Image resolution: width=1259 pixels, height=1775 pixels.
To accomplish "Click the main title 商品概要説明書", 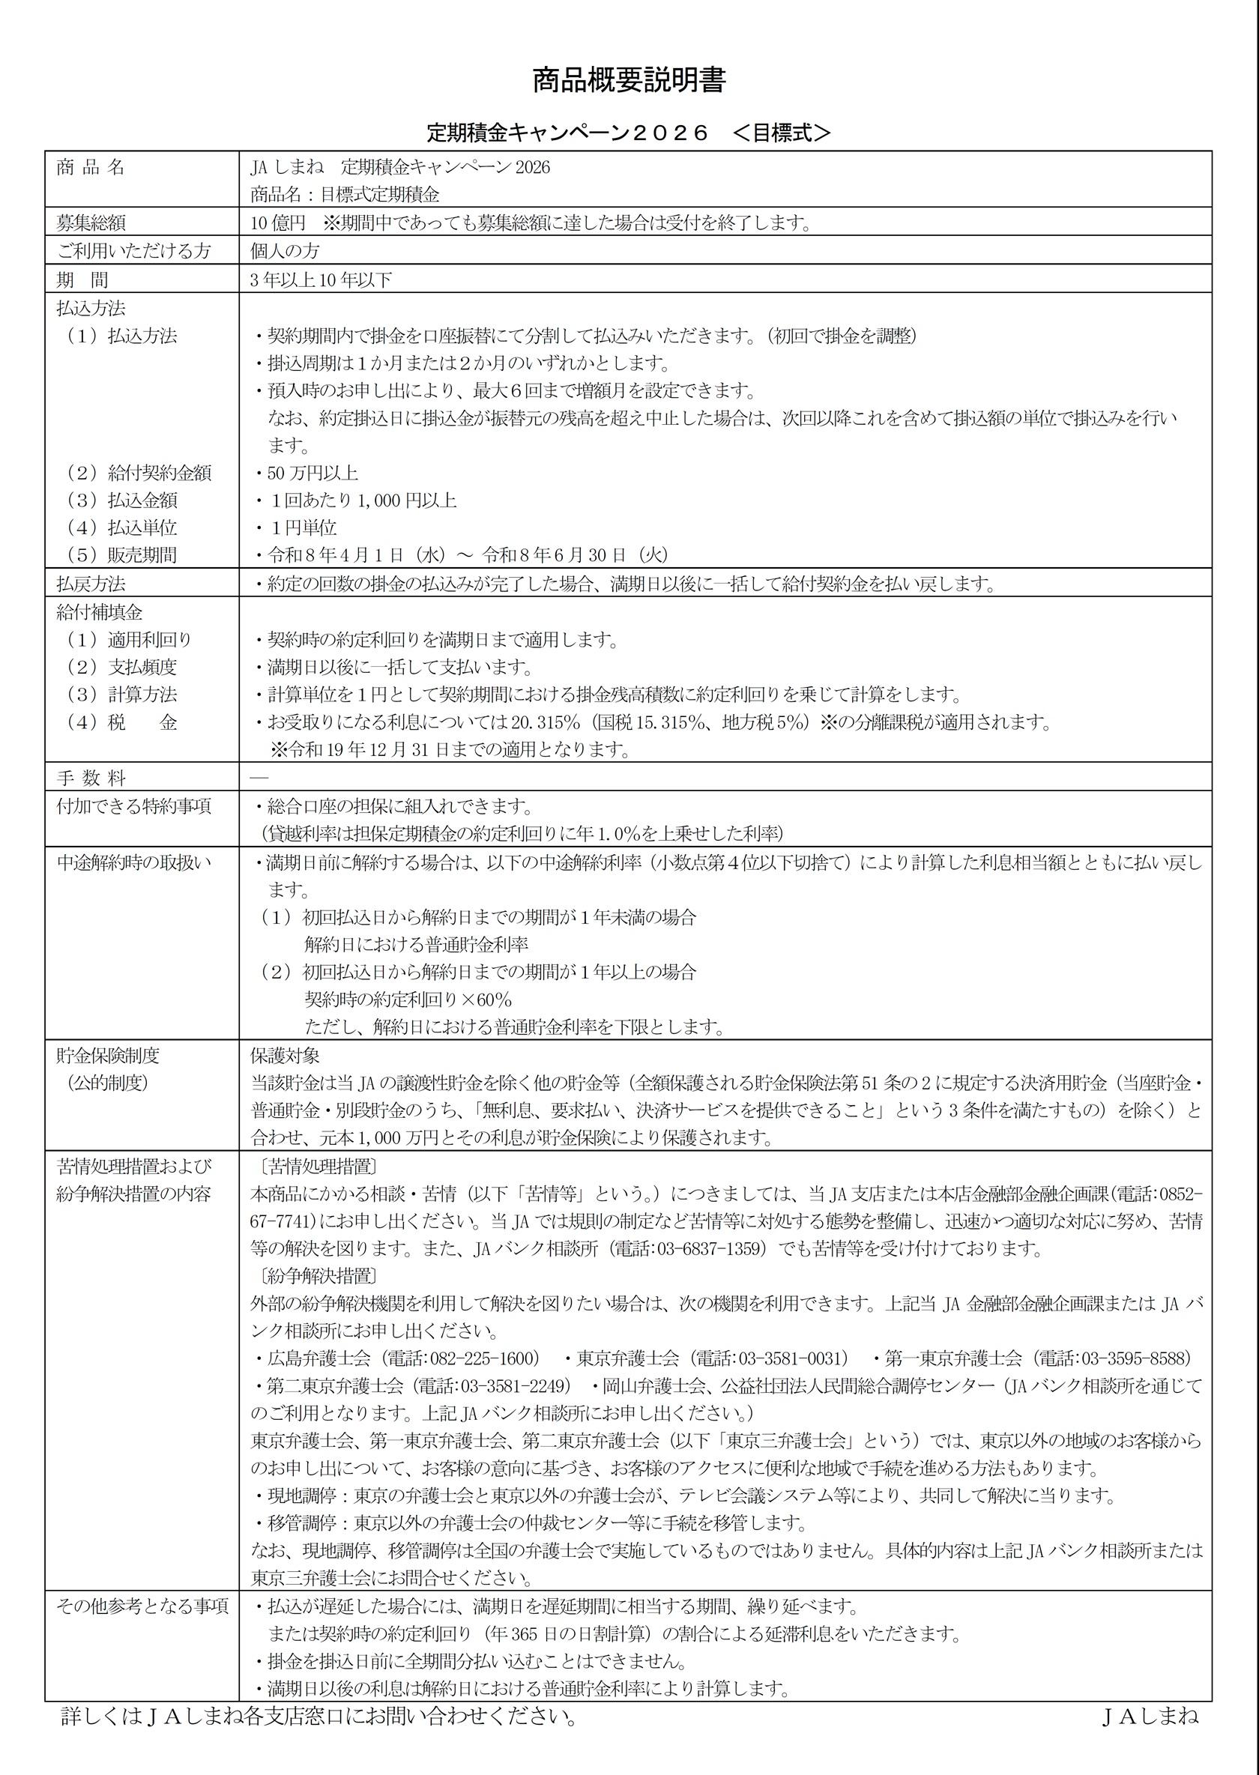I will click(628, 82).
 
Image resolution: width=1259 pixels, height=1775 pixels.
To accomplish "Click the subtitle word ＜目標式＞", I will click(781, 133).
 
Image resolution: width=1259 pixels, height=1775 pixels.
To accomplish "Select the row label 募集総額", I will click(91, 224).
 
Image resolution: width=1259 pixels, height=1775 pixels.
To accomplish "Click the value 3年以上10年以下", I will click(321, 279).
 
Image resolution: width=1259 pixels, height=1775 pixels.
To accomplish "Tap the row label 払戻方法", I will click(91, 583).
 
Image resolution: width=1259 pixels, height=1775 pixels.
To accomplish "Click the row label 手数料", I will click(91, 778).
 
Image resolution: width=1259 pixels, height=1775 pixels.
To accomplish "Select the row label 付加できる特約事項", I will click(133, 806).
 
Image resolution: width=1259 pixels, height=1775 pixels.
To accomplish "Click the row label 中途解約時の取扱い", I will click(133, 862).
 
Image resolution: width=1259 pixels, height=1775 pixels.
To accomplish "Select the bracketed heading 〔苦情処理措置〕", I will click(314, 1167).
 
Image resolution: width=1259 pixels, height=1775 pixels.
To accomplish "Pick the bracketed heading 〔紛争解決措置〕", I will click(314, 1276).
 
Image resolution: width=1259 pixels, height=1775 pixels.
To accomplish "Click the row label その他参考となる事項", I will click(142, 1605).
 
